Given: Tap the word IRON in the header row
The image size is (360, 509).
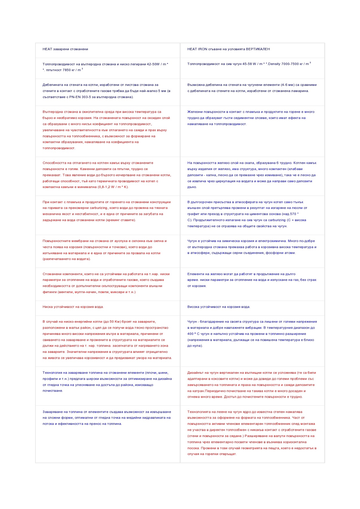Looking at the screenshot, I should click(x=203, y=49).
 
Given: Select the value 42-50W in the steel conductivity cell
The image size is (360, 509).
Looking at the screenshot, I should click(x=153, y=64).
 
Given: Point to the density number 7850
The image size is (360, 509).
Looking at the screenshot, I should click(x=67, y=70).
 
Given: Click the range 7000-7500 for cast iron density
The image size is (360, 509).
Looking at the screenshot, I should click(x=290, y=64).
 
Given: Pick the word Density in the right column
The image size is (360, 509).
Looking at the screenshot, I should click(x=274, y=64).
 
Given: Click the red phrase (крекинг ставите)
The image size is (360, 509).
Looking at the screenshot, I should click(x=120, y=220).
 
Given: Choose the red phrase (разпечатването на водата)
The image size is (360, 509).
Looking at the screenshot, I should click(x=66, y=259).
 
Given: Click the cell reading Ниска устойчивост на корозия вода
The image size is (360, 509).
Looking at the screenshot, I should click(x=73, y=307).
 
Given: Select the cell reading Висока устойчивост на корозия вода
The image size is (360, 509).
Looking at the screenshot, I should click(x=219, y=307).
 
